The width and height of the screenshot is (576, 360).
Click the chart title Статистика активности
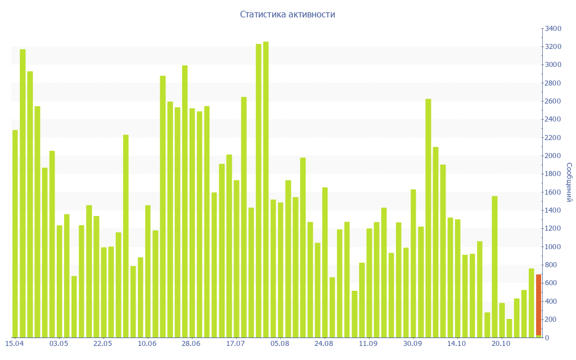[287, 15]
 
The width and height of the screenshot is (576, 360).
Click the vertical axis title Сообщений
[569, 182]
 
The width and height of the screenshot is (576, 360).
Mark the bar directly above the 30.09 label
[413, 263]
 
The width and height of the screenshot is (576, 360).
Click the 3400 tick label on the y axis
[553, 29]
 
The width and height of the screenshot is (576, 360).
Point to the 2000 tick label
[553, 156]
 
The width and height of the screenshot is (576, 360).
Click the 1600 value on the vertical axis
[553, 192]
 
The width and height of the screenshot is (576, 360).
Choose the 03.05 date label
[58, 344]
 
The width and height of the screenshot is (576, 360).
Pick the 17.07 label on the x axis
[235, 344]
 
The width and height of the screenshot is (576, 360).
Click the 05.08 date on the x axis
[280, 344]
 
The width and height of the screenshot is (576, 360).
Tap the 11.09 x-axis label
[368, 344]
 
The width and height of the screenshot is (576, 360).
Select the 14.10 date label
[456, 344]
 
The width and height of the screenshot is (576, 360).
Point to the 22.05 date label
[102, 344]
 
